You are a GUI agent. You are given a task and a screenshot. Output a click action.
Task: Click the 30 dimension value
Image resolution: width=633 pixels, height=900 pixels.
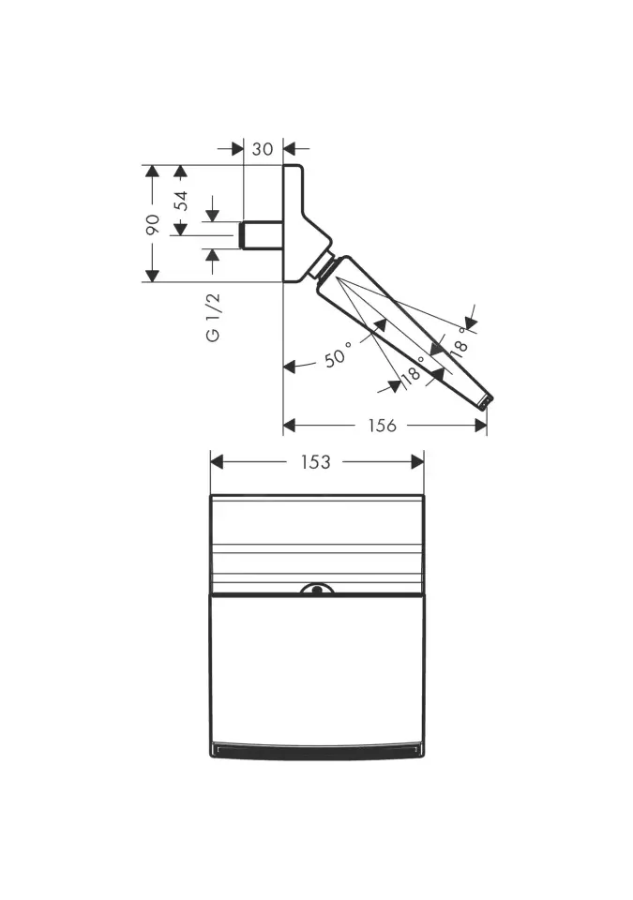263,149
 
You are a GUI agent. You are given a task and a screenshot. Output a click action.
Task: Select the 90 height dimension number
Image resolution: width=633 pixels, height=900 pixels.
152,224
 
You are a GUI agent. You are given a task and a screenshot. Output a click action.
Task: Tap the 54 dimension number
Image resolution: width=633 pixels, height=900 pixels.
182,201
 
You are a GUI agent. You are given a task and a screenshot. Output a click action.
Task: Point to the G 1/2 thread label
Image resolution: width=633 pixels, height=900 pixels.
213,318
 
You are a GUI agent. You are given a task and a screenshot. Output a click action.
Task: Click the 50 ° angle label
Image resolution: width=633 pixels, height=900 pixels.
339,355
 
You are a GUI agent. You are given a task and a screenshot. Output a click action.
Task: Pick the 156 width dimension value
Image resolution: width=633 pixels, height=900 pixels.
382,426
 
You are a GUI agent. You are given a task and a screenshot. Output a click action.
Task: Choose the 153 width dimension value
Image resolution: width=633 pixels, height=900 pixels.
315,462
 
